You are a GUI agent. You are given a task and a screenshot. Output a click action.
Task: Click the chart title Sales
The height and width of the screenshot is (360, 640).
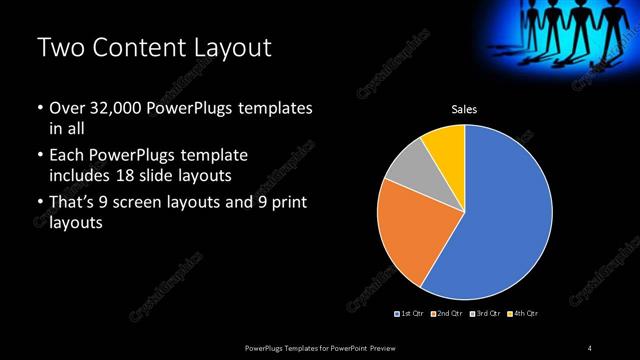click(465, 109)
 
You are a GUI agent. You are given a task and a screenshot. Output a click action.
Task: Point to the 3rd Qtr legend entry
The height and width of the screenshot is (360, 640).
click(485, 314)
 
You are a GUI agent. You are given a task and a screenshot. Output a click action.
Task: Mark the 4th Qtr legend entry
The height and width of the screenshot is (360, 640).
click(523, 314)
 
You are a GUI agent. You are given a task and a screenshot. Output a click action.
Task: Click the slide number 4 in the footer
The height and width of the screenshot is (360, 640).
click(589, 347)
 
